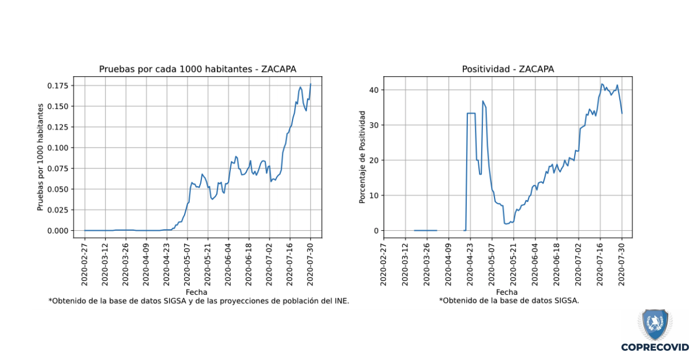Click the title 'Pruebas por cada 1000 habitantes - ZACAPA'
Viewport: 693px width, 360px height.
point(198,69)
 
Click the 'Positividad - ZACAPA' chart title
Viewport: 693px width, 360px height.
point(508,69)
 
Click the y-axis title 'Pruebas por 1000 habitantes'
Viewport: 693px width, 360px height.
point(41,157)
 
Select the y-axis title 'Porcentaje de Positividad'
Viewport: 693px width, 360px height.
point(362,157)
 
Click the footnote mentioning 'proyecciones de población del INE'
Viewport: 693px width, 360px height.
point(198,301)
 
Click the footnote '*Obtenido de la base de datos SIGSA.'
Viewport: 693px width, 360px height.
point(508,301)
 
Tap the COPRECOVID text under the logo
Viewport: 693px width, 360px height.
point(655,347)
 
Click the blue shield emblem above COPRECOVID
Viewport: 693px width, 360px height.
point(655,325)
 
